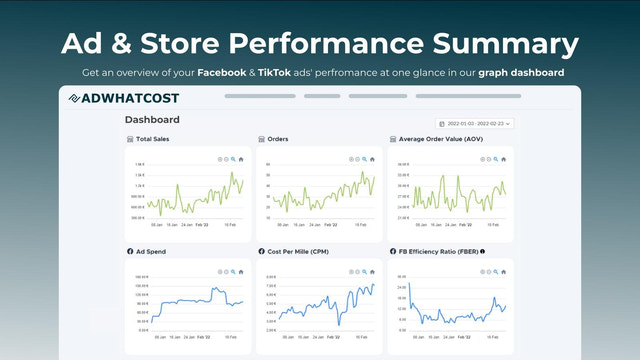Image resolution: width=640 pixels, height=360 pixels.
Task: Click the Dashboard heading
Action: (153, 120)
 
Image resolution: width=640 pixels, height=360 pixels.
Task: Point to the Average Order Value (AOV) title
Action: (440, 139)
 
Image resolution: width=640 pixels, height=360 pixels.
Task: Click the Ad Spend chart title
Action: (152, 250)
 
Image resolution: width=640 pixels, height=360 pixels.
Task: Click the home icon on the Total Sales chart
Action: (241, 159)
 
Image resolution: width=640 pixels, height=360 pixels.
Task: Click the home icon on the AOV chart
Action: (501, 159)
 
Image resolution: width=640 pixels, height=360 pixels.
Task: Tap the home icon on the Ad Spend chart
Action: (241, 269)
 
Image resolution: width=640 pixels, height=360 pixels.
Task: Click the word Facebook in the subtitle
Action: (223, 73)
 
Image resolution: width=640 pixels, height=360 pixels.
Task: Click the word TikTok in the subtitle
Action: (279, 73)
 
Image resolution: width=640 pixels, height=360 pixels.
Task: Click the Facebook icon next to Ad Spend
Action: (130, 250)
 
